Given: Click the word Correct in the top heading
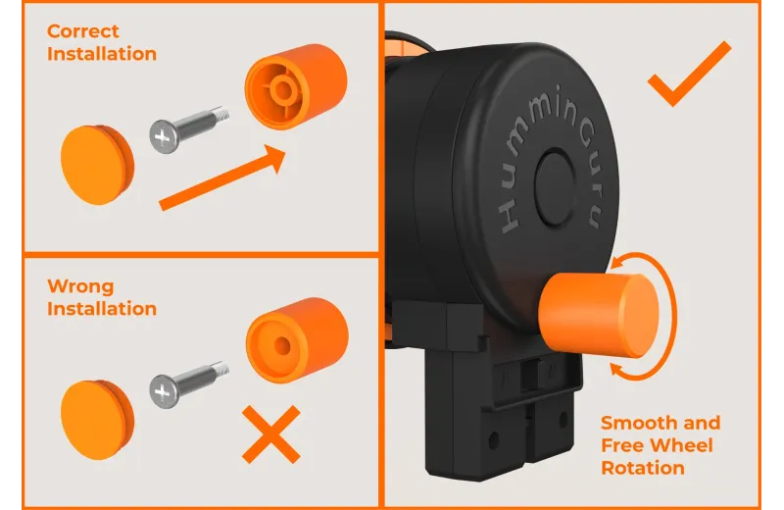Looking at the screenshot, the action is [83, 31].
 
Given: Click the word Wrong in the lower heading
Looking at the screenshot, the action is [80, 286].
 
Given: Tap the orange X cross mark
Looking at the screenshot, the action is [271, 433].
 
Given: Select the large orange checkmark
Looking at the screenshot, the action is [690, 74].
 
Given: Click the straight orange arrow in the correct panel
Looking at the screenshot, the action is [222, 178].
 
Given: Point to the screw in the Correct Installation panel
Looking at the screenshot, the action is [189, 129].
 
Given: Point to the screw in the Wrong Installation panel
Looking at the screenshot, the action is [189, 383].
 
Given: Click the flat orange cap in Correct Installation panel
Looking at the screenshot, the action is [97, 165].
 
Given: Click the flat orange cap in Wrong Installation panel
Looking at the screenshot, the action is [97, 420].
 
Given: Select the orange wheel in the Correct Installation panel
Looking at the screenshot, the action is [296, 86].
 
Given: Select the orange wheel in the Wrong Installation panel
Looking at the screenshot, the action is [297, 340].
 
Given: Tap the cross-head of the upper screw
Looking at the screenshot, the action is [164, 136].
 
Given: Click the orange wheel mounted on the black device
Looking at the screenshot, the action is [599, 315].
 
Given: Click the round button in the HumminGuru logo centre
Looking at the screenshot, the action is [555, 186].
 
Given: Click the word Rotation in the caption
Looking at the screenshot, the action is [643, 468].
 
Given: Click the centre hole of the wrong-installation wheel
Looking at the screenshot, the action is [282, 346].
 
